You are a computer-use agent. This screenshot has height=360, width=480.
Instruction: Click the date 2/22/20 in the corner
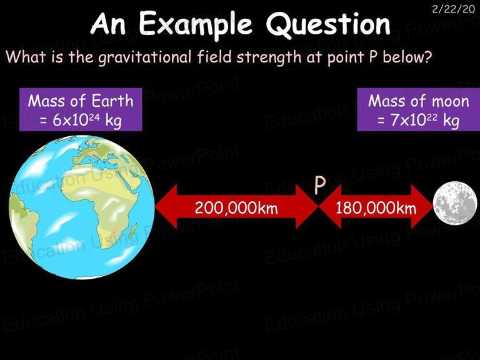(453, 9)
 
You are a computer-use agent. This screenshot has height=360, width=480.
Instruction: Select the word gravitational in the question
(144, 57)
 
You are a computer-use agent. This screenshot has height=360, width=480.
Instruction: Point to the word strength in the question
(269, 57)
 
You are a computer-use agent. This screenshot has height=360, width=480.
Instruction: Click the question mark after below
(427, 57)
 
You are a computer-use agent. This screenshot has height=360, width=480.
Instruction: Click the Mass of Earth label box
(81, 109)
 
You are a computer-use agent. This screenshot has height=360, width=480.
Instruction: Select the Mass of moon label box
(419, 109)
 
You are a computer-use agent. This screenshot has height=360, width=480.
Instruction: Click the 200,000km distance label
(236, 208)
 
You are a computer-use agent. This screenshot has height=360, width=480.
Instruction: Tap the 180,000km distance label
(376, 208)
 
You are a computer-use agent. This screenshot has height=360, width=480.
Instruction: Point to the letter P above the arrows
(320, 185)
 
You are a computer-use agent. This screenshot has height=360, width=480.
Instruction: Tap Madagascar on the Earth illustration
(133, 232)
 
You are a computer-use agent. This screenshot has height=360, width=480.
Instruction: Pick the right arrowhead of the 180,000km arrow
(422, 207)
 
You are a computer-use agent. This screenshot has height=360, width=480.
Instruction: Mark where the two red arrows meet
(319, 207)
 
